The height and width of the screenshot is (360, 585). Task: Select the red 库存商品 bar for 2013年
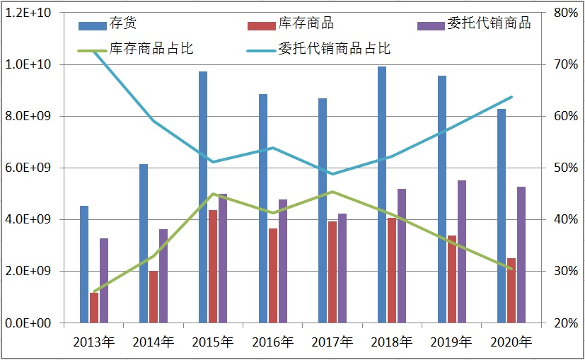94,308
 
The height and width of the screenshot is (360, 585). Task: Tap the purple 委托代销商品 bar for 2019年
462,251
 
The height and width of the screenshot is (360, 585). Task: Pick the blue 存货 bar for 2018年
382,194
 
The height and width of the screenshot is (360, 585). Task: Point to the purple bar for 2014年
163,276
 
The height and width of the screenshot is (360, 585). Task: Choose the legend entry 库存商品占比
151,49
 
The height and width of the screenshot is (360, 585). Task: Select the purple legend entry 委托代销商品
489,23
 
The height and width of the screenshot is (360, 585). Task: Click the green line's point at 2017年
332,192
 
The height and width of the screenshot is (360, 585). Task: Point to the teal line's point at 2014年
154,121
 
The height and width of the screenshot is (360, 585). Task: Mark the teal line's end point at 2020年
511,97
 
